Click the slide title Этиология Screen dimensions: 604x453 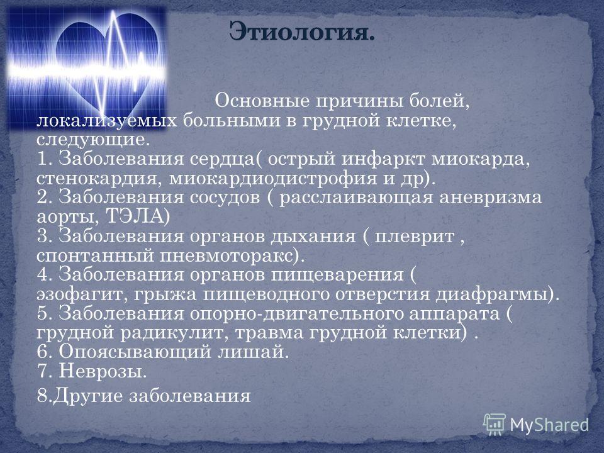tap(302, 31)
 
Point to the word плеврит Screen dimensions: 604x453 tap(415, 237)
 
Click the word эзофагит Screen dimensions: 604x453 tap(83, 294)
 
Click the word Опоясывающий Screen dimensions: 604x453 tap(135, 352)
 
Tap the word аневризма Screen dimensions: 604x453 tap(490, 198)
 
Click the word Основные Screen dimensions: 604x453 tap(262, 101)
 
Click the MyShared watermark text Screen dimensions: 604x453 tap(550, 425)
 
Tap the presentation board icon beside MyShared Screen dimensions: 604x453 tap(495, 425)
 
